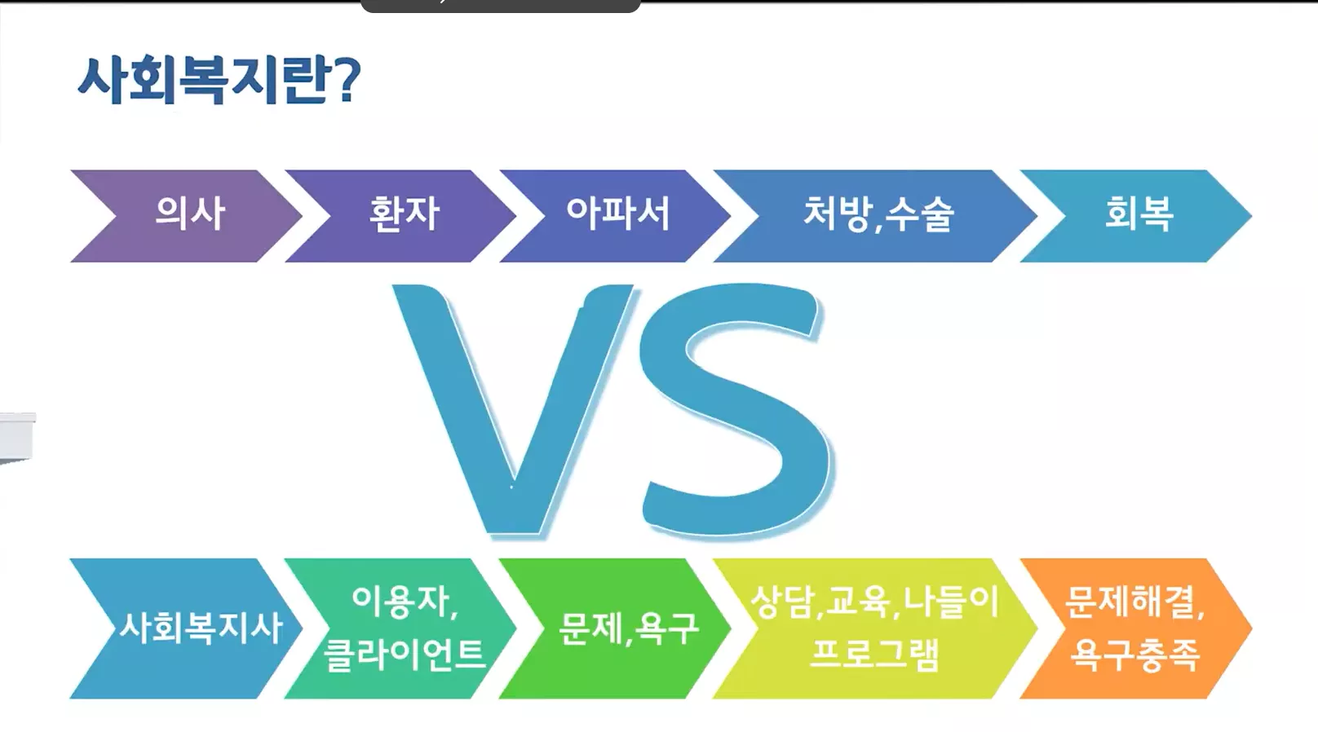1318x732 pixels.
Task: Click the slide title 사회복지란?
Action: point(219,81)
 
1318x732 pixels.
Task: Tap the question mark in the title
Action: point(347,81)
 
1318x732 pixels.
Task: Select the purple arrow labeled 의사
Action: point(189,214)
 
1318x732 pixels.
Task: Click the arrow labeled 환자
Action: point(404,214)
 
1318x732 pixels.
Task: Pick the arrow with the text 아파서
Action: point(617,214)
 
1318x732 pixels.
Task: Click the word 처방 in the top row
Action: point(836,214)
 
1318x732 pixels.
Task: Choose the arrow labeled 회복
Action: point(1139,214)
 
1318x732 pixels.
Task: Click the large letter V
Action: point(514,408)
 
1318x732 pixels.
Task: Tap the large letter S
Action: point(734,408)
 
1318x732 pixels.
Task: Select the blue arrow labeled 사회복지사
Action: point(201,628)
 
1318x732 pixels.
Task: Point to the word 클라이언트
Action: point(405,654)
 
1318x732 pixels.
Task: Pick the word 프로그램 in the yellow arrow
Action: point(874,654)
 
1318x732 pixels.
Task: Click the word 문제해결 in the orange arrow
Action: point(1129,602)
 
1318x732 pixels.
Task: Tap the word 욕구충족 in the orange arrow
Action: point(1134,654)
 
